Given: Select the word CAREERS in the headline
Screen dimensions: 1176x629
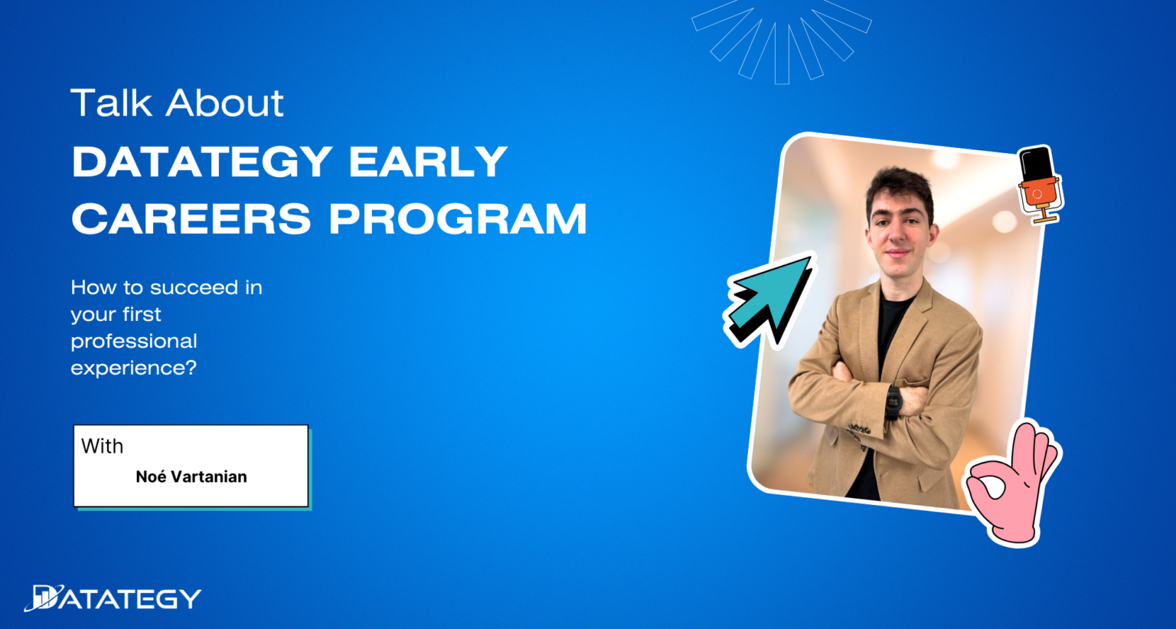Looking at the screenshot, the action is (191, 218).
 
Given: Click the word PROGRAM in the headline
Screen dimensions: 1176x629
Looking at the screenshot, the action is (458, 218).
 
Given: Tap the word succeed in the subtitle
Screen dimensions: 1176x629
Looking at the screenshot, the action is (194, 287).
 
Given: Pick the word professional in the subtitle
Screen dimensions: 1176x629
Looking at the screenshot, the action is (134, 342).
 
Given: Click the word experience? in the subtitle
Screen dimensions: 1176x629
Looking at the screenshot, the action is (134, 369).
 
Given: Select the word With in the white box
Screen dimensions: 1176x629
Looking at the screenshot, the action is (103, 446).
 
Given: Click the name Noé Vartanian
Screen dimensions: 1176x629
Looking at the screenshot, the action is (191, 477).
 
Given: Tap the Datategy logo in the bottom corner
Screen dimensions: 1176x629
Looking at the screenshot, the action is (113, 598).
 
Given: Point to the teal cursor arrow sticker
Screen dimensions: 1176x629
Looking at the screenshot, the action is (769, 299).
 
